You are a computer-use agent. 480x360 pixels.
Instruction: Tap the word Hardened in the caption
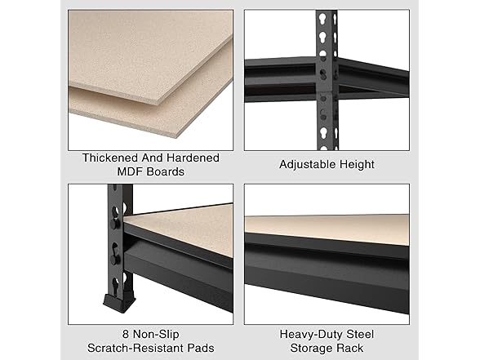193,158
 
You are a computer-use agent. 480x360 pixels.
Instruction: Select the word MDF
131,171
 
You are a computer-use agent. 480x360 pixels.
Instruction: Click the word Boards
167,171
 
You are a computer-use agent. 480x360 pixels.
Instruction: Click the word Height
356,165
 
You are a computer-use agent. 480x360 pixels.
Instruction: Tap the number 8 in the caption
104,332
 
